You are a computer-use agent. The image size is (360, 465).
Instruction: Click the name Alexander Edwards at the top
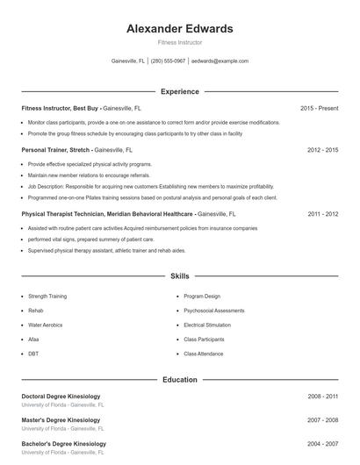point(179,29)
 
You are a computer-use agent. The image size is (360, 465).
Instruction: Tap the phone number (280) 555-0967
point(168,61)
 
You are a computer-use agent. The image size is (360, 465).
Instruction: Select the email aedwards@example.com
point(220,61)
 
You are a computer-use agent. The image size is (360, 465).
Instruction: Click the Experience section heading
point(179,91)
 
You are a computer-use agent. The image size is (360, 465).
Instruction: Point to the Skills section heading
point(179,276)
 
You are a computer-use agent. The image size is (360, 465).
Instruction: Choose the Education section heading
point(179,380)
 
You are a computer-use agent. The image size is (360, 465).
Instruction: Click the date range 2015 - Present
point(319,108)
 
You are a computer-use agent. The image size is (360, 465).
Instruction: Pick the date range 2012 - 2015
point(322,150)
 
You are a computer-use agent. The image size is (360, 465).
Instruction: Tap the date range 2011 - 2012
point(322,213)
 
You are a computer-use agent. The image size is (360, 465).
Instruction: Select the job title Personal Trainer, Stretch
point(56,150)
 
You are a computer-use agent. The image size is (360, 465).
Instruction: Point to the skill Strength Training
point(47,297)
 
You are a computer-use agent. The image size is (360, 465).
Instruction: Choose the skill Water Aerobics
point(46,325)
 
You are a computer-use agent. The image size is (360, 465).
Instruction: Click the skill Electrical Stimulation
point(206,325)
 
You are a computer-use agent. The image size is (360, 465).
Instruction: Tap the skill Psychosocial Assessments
point(214,311)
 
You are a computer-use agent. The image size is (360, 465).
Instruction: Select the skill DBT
point(33,354)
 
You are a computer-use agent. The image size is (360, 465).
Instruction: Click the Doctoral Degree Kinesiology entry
point(61,397)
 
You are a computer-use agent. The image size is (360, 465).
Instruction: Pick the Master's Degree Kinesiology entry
point(61,420)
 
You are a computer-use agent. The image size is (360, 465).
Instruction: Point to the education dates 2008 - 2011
point(322,397)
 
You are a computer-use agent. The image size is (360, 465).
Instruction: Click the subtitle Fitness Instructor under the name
point(179,42)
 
